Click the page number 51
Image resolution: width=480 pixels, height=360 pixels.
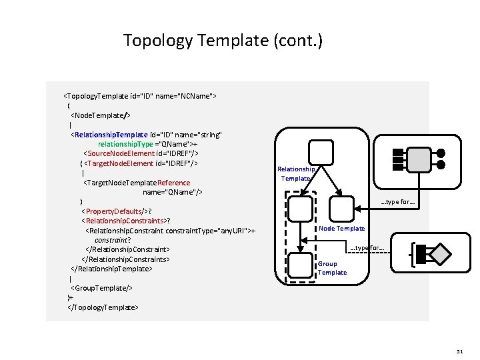pos(459,350)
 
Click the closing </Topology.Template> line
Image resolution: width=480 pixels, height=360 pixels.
pos(103,307)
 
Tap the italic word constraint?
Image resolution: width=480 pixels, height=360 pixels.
pos(112,240)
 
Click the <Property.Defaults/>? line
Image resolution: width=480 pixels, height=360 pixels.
pos(116,211)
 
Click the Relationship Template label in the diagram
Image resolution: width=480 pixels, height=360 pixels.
pos(296,173)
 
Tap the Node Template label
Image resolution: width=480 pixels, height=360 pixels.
pos(342,229)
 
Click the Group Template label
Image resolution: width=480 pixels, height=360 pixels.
pos(332,268)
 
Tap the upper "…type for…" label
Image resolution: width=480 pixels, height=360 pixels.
pos(398,203)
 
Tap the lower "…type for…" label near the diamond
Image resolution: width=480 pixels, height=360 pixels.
pos(367,248)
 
